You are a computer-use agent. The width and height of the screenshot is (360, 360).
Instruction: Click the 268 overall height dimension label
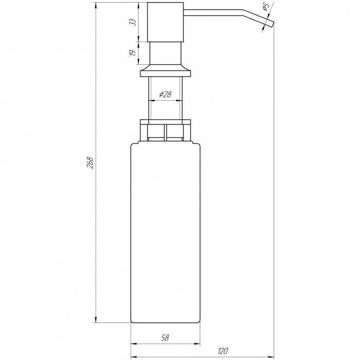(91, 163)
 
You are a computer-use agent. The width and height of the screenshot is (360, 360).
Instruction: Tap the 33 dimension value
(133, 22)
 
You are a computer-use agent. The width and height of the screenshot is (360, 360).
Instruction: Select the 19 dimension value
(133, 53)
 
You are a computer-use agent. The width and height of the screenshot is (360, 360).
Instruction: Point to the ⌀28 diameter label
(165, 94)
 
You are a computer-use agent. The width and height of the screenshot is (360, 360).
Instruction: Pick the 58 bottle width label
(165, 338)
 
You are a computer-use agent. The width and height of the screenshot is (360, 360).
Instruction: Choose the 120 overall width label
(223, 351)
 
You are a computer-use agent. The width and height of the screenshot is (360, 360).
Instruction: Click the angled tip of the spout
(272, 24)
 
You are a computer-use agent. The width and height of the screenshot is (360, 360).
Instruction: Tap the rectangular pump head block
(165, 22)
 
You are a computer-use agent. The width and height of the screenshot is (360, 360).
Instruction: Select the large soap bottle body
(165, 232)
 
